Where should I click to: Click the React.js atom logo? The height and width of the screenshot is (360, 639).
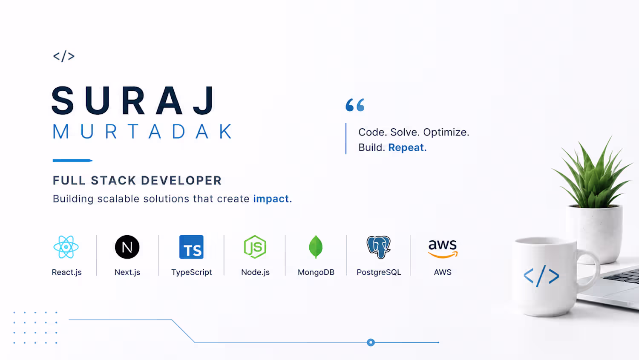(66, 247)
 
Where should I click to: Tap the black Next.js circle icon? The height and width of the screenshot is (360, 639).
(127, 247)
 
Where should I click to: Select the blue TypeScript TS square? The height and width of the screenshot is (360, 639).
(191, 247)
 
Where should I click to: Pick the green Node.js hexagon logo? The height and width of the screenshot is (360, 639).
(255, 247)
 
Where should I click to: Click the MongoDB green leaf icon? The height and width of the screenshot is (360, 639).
(316, 247)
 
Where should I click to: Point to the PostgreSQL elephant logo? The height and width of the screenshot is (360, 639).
(379, 247)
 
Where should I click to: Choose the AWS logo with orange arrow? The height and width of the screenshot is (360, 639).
(443, 249)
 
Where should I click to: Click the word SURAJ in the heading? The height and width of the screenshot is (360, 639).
(133, 101)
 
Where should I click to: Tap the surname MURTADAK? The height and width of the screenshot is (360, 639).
(143, 132)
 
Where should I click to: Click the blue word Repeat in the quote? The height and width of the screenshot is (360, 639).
(407, 147)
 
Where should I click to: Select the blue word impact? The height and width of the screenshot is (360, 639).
(273, 199)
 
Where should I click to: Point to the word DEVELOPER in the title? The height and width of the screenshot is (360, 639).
(181, 181)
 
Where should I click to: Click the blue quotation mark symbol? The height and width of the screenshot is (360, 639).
(355, 105)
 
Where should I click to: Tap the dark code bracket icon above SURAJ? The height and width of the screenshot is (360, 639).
(64, 56)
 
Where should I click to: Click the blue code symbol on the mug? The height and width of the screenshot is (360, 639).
(541, 276)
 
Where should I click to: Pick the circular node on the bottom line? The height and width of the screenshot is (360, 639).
(371, 342)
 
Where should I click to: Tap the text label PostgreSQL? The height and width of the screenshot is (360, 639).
(379, 272)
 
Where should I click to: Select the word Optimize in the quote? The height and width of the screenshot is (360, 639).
(446, 132)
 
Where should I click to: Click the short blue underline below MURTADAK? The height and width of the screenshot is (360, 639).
(72, 161)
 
